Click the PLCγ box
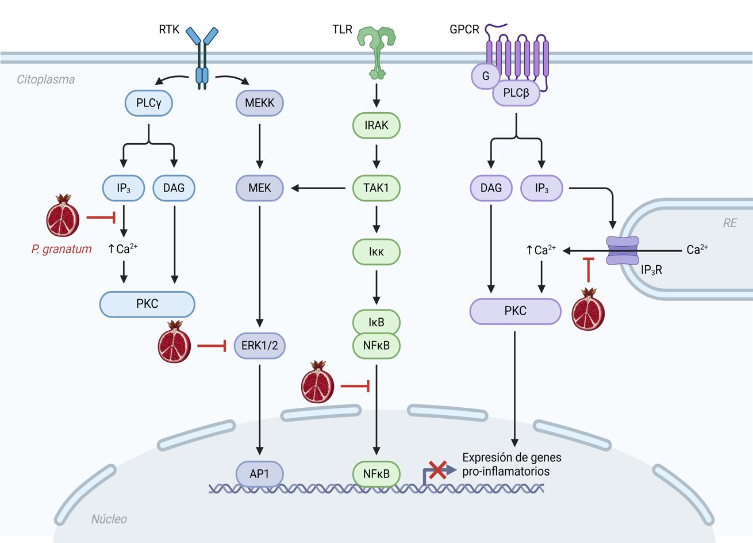148,104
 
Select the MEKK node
259,104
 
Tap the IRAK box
376,125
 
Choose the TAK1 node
376,188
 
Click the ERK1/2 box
259,346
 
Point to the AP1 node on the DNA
259,474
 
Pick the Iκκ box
376,252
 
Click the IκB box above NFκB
376,322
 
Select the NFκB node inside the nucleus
376,474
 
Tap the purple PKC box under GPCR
515,311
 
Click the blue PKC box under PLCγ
147,304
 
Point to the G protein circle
486,76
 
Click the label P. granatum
62,249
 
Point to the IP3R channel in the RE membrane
623,251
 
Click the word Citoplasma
45,79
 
